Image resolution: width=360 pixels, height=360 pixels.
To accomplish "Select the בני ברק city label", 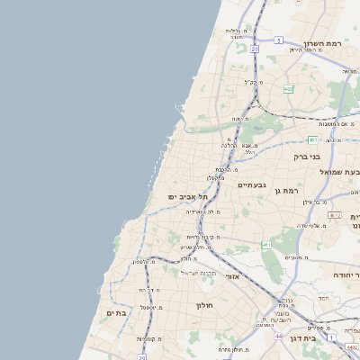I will pyautogui.click(x=308, y=156).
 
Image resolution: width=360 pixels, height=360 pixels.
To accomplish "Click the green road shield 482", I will pyautogui.click(x=288, y=88).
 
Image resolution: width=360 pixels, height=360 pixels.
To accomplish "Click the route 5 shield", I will pyautogui.click(x=279, y=40).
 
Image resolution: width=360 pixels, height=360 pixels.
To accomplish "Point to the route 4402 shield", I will pyautogui.click(x=335, y=215).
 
